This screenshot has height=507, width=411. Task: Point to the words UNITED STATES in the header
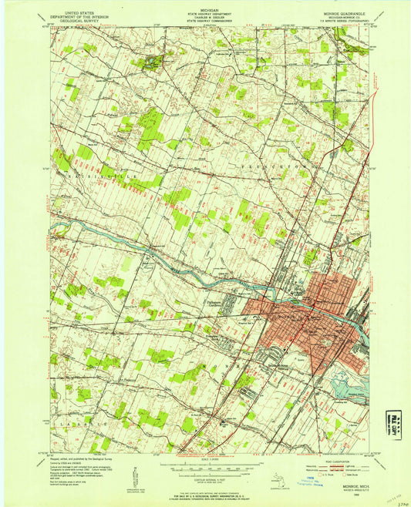(79, 5)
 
